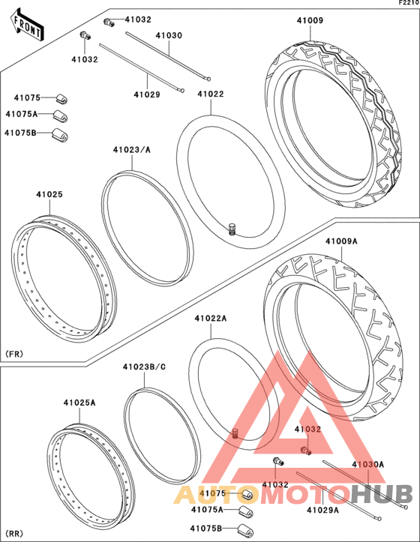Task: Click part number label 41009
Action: (x=310, y=20)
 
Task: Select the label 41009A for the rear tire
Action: (x=341, y=241)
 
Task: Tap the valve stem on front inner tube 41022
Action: (x=232, y=229)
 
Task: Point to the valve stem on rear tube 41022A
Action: (x=236, y=433)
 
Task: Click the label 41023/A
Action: (x=132, y=150)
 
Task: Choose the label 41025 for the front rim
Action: (x=49, y=195)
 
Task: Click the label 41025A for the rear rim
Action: (x=79, y=403)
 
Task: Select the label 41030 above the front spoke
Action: (x=169, y=35)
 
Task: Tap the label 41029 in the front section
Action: (x=147, y=94)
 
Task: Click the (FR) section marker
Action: (x=14, y=354)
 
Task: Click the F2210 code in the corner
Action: (x=409, y=3)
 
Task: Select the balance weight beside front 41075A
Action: (x=60, y=116)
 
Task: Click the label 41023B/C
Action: (x=144, y=367)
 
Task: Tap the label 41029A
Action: (x=322, y=510)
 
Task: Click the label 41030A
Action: (x=367, y=464)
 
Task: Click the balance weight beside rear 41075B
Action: (x=245, y=529)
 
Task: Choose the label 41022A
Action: (x=210, y=319)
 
